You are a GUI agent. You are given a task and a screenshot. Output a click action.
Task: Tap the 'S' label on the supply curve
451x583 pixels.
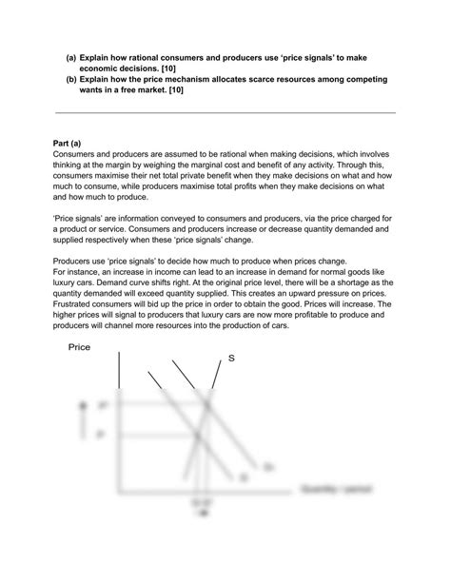pos(230,359)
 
